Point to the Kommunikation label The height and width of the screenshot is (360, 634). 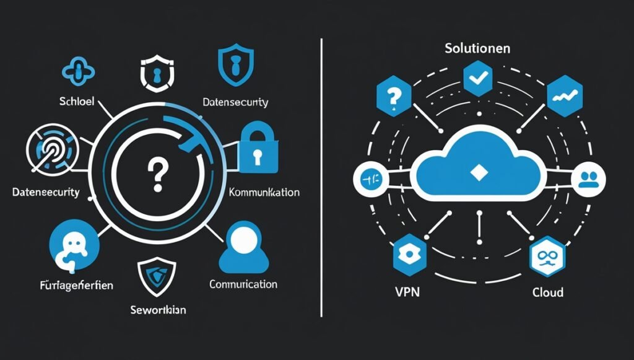coord(264,193)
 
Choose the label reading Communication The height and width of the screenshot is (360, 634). coord(243,284)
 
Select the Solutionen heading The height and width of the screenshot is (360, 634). coord(476,48)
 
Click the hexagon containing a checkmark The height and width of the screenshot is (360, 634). coord(477,79)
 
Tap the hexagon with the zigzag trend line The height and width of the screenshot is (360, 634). coord(562,95)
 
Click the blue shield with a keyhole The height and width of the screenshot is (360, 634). coord(233,66)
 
